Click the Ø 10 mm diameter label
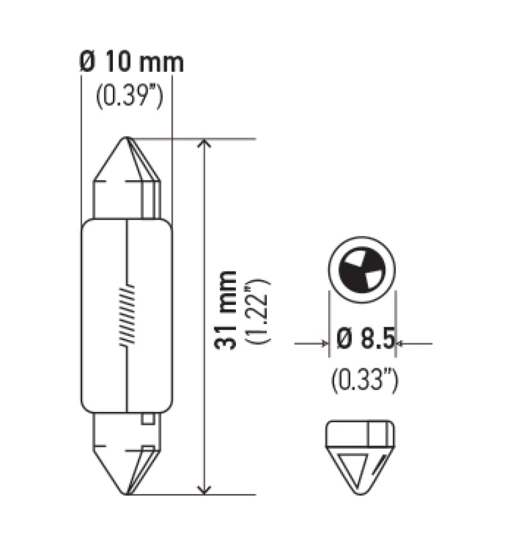[131, 63]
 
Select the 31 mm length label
[226, 310]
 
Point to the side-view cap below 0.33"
[360, 457]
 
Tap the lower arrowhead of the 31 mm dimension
[204, 488]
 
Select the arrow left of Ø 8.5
[321, 344]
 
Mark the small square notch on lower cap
[147, 420]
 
